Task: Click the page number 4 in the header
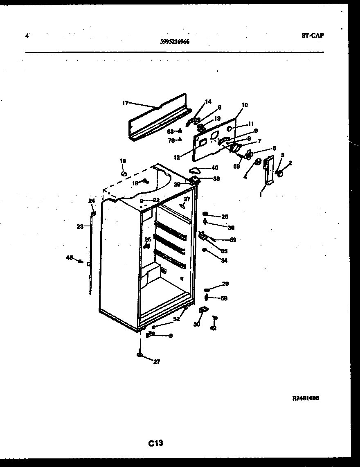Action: tap(27, 36)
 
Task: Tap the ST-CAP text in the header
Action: tap(312, 35)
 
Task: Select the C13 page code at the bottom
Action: tap(156, 443)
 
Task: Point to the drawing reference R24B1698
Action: tap(306, 397)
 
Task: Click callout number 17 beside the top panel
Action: tap(126, 103)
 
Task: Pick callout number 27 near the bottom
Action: tap(157, 361)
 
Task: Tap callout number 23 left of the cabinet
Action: tap(80, 226)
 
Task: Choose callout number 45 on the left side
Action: tap(70, 257)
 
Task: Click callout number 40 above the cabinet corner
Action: tap(214, 167)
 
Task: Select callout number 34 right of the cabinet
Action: tap(224, 260)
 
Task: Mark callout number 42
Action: tap(213, 328)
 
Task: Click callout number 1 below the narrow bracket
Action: tap(261, 195)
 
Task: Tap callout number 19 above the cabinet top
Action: tap(123, 161)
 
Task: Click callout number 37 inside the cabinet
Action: tap(187, 199)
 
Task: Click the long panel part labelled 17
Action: tap(160, 119)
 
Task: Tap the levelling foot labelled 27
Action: tap(140, 354)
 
